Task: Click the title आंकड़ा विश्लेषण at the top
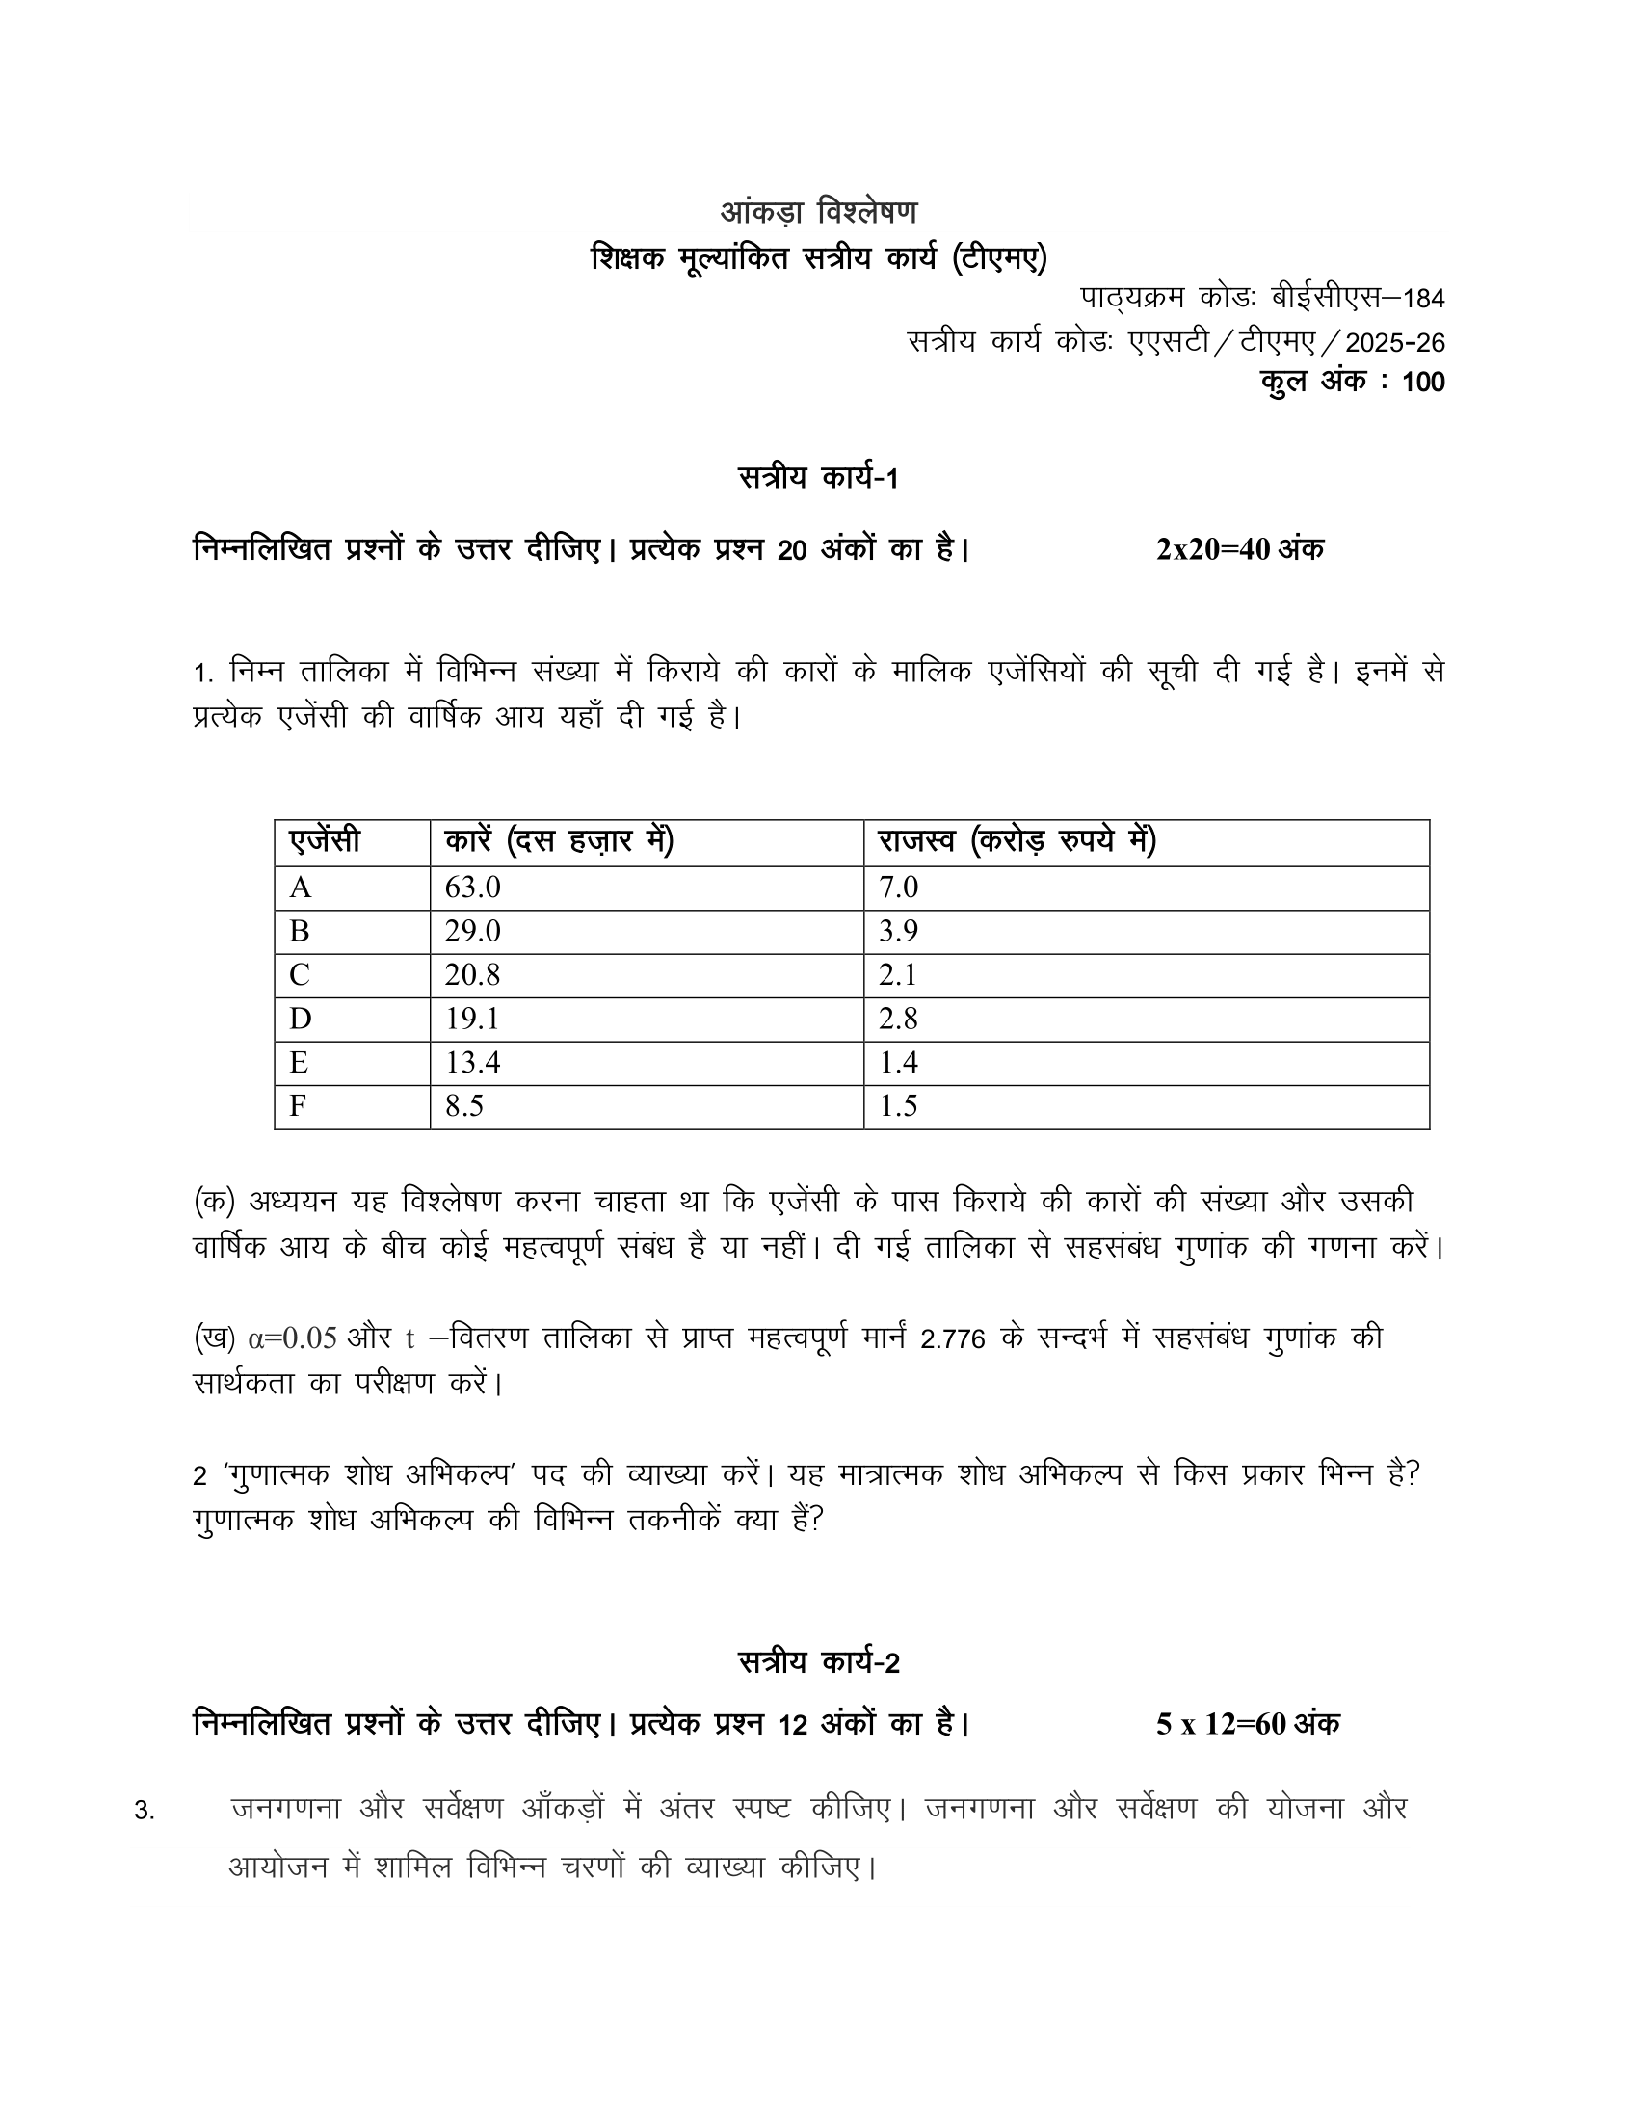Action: [818, 212]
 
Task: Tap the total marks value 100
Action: [1423, 382]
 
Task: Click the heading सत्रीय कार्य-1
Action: [818, 479]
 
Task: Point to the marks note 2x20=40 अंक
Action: [1239, 549]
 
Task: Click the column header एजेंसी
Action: [324, 840]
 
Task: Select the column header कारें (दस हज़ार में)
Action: [559, 840]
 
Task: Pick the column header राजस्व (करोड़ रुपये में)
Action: [1017, 840]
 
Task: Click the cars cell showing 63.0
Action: [472, 888]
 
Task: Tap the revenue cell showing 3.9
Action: [898, 931]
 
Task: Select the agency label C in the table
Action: [299, 974]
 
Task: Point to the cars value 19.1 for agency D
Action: [471, 1019]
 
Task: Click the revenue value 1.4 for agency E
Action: [898, 1062]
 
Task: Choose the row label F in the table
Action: [298, 1105]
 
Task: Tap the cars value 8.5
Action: [463, 1105]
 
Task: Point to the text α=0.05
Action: [292, 1338]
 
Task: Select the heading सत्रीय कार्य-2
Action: [818, 1663]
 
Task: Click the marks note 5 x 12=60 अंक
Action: [1247, 1724]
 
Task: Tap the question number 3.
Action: [144, 1812]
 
